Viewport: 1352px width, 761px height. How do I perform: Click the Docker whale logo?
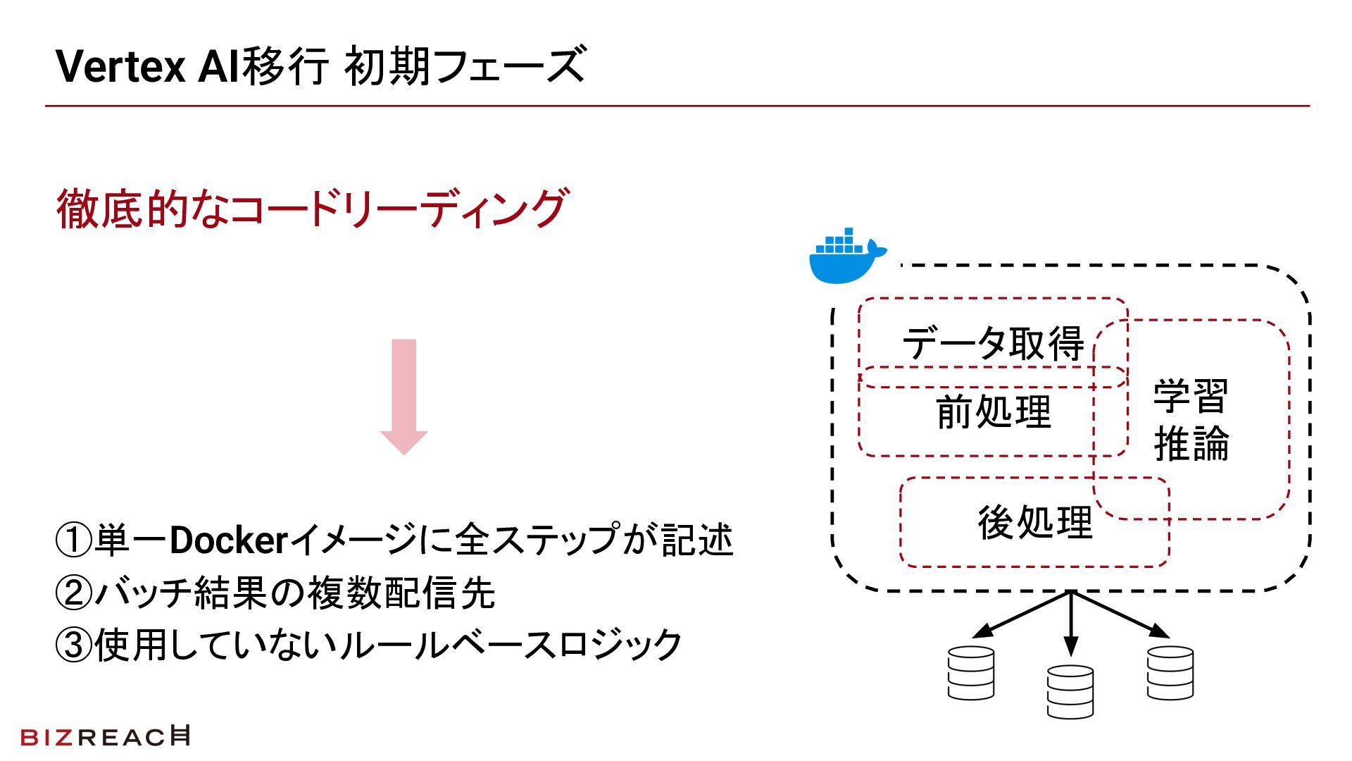pos(846,256)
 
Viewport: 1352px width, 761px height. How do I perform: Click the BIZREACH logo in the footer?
pos(105,736)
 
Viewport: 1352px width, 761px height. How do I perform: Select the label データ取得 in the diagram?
pos(993,343)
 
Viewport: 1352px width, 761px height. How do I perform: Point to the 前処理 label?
pos(994,412)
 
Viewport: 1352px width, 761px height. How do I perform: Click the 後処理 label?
pos(1034,523)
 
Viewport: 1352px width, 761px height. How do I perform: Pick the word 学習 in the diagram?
pos(1191,396)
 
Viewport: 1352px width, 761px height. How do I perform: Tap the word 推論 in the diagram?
pos(1191,443)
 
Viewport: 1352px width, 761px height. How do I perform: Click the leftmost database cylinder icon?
pos(970,673)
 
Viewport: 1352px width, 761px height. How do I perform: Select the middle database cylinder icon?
pos(1070,691)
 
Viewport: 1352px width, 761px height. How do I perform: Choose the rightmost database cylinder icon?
pos(1170,673)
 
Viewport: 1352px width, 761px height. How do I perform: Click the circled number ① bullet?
pos(73,540)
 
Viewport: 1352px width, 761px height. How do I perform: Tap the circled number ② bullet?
pos(73,593)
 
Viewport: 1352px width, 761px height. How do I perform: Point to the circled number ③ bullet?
pos(73,645)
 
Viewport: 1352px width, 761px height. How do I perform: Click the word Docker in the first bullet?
pos(229,540)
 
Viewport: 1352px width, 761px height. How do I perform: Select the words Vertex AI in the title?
pos(149,66)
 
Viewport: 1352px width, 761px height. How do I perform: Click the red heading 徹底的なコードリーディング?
pos(311,209)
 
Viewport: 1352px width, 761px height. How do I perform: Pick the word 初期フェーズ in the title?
pos(465,66)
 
